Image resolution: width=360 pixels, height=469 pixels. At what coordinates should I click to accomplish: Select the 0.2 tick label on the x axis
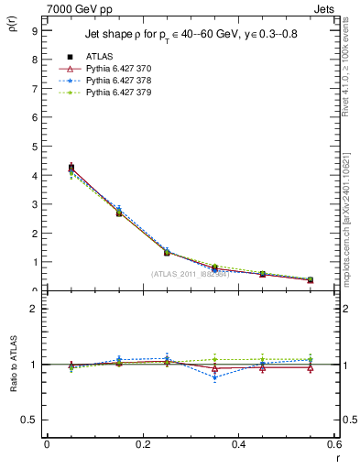pyautogui.click(x=143, y=444)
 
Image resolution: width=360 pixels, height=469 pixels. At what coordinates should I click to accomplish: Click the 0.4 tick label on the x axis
pyautogui.click(x=239, y=444)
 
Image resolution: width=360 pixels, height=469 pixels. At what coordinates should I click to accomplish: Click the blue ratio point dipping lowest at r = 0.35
pyautogui.click(x=215, y=376)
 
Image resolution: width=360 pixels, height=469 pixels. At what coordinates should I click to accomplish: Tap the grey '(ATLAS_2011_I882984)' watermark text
pyautogui.click(x=191, y=273)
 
